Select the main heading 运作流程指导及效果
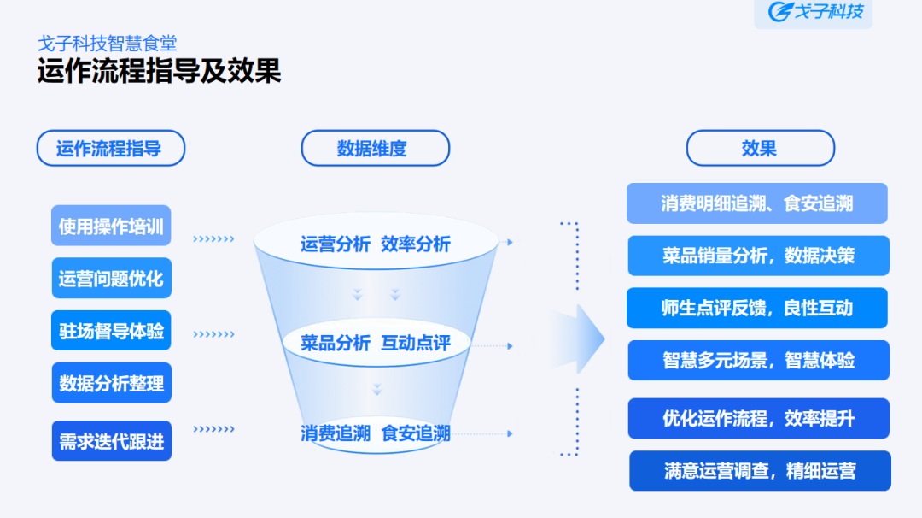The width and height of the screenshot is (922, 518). coord(159,71)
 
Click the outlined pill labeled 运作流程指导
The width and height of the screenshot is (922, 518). coord(110,148)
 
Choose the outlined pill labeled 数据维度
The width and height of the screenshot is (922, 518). coord(375,148)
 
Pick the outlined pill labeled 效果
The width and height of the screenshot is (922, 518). coord(759,148)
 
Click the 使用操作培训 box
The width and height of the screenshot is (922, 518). coord(111,226)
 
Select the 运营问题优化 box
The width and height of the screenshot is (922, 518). coord(111,278)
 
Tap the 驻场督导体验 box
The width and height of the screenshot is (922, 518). coord(111,330)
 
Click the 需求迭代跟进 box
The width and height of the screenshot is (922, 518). coord(111,440)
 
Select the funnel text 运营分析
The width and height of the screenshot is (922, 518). coord(335,244)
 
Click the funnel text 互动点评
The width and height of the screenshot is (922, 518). coord(415,343)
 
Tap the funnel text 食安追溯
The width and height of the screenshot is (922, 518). coord(415,433)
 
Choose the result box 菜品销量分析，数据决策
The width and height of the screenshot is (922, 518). coord(758,256)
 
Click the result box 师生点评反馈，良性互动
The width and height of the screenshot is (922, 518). coord(757,308)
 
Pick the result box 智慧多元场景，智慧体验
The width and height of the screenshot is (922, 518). coord(758,360)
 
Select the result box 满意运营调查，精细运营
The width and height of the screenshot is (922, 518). coord(759,470)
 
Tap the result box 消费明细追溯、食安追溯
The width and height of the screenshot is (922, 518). coord(756,203)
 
